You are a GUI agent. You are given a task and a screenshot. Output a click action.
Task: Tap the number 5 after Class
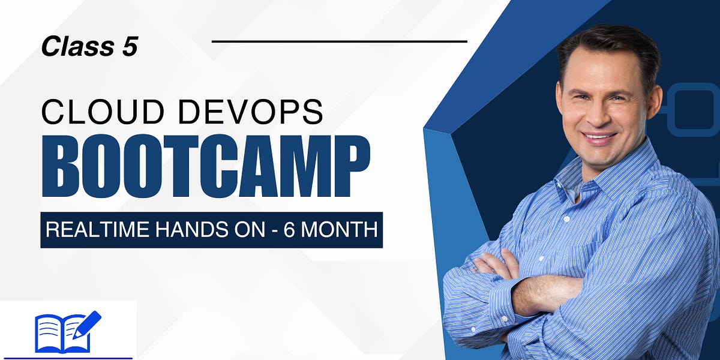click(130, 47)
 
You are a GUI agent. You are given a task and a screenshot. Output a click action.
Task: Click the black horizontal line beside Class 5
click(340, 41)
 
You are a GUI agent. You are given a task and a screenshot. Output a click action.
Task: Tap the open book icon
click(60, 334)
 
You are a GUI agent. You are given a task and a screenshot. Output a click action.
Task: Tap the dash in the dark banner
click(272, 230)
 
